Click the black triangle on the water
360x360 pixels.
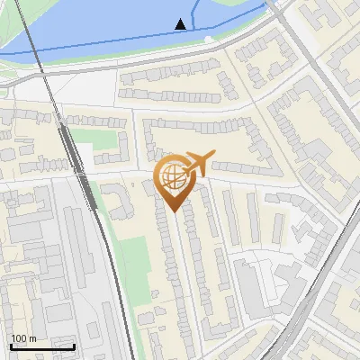coord(182,23)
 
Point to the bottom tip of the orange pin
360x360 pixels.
coord(172,211)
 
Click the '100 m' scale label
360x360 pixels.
coord(22,338)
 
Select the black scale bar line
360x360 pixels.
coord(42,346)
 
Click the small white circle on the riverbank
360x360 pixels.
coord(209,39)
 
